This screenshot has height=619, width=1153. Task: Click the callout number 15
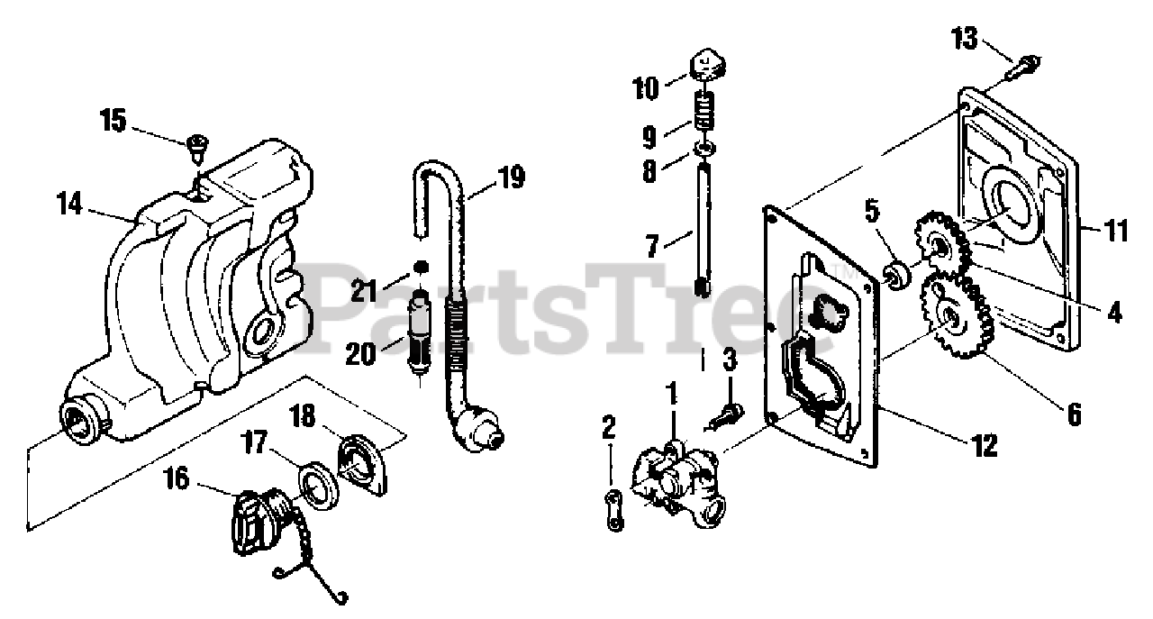point(114,121)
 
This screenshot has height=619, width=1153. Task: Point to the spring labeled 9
point(705,114)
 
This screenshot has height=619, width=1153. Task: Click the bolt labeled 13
point(1028,63)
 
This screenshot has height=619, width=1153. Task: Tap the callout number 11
point(1115,232)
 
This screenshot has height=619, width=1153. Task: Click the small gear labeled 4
point(941,244)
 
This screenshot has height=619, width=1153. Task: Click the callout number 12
point(984,444)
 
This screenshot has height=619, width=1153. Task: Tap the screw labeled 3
point(727,413)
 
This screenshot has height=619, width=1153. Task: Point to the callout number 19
point(511,178)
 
